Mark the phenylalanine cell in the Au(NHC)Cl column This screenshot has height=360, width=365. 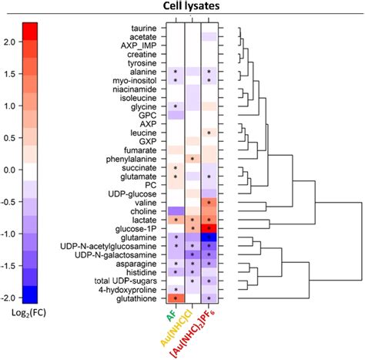(x=192, y=159)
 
